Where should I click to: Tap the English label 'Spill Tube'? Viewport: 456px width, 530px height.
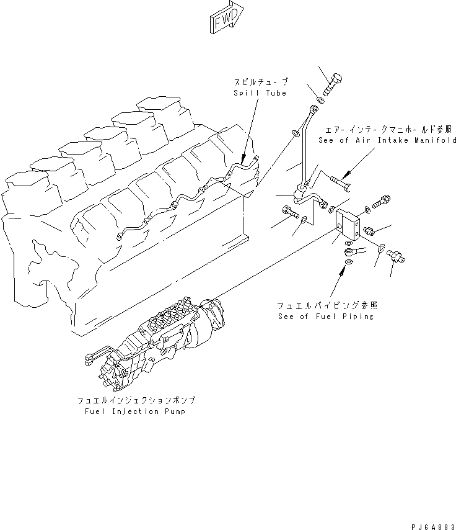260,93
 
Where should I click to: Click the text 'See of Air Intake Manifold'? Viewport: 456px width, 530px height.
387,140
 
